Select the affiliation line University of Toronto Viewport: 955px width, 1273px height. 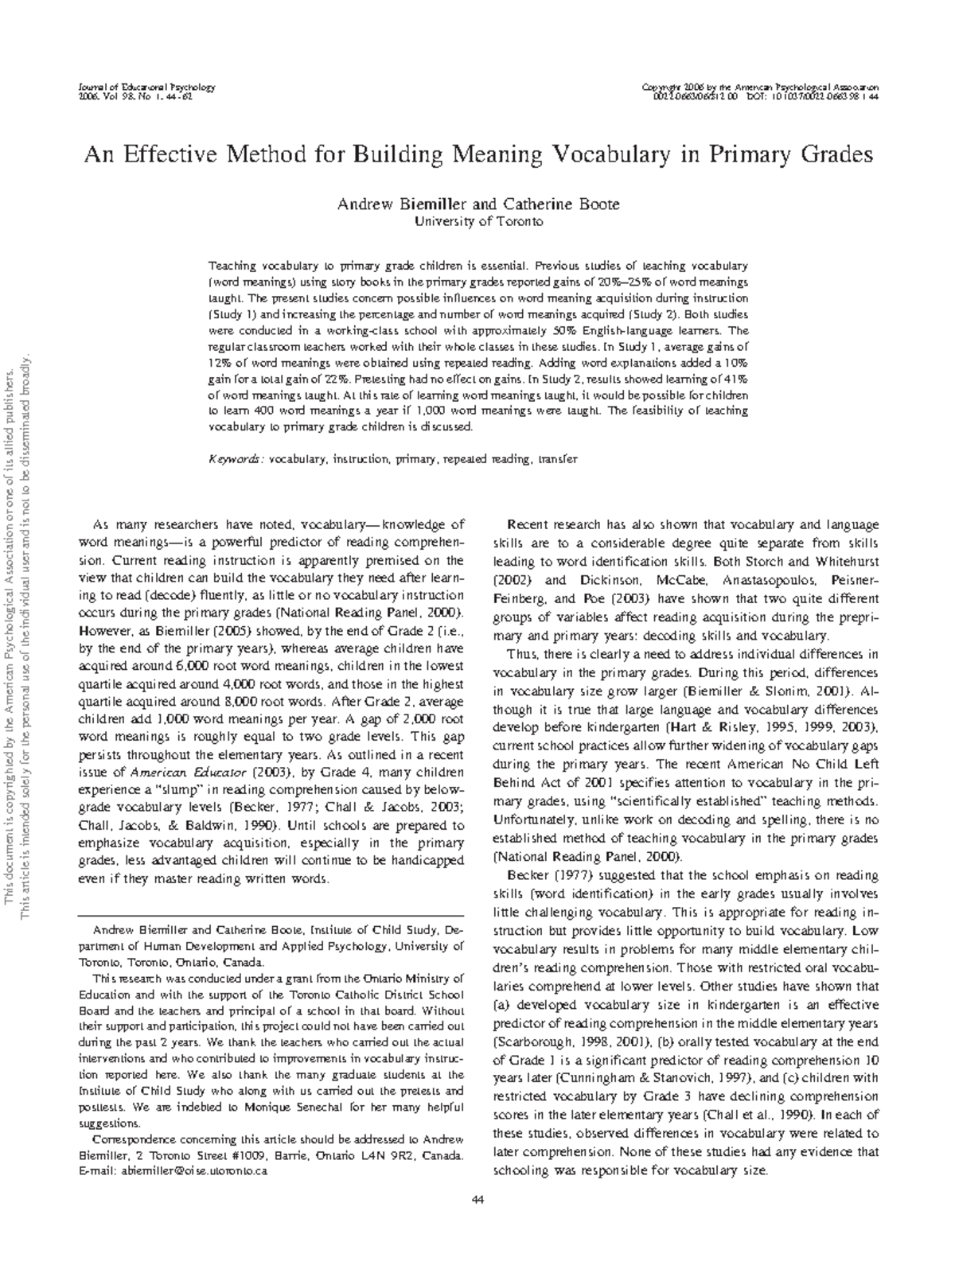pos(479,222)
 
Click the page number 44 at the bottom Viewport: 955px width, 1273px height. pos(478,1200)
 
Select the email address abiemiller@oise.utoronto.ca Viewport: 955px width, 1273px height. pos(193,1171)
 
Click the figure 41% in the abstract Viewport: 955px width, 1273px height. pos(735,379)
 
